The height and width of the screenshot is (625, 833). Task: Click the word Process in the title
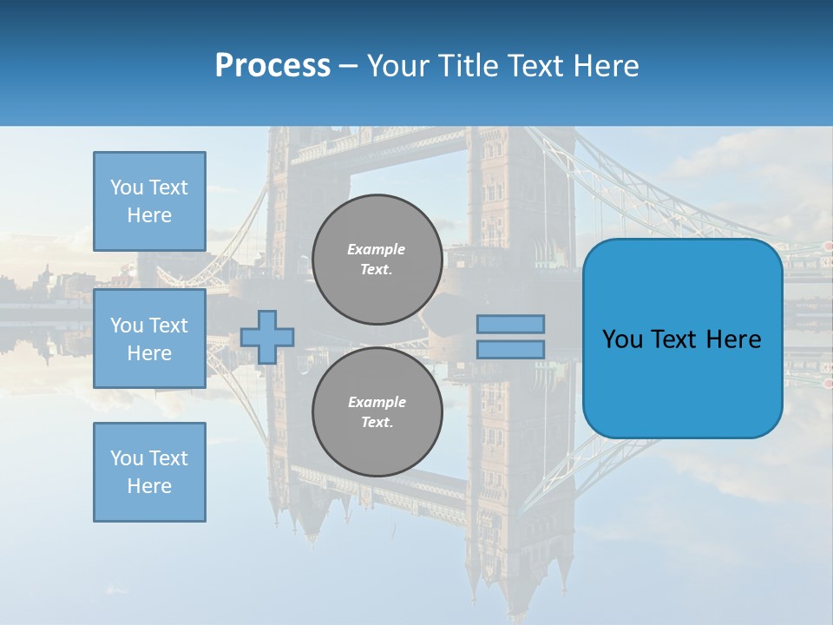(x=272, y=66)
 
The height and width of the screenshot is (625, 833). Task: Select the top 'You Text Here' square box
(x=149, y=201)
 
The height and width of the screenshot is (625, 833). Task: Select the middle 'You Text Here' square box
(x=149, y=339)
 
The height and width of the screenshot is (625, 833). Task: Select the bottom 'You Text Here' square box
(x=149, y=472)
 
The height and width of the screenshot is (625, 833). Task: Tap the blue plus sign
(x=267, y=337)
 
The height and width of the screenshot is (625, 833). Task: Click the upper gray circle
(x=377, y=260)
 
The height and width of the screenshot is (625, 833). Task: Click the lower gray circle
(x=377, y=412)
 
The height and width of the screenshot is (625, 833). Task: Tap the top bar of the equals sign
(x=510, y=325)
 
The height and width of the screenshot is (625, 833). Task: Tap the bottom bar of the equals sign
(x=510, y=350)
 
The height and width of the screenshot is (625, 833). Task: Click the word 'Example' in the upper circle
(x=377, y=249)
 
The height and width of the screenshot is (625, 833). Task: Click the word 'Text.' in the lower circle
(x=377, y=423)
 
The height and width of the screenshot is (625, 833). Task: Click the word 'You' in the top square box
(x=126, y=187)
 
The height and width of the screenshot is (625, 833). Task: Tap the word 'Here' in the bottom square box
(x=149, y=486)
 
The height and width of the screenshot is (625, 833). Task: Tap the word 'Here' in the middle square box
(x=149, y=353)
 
